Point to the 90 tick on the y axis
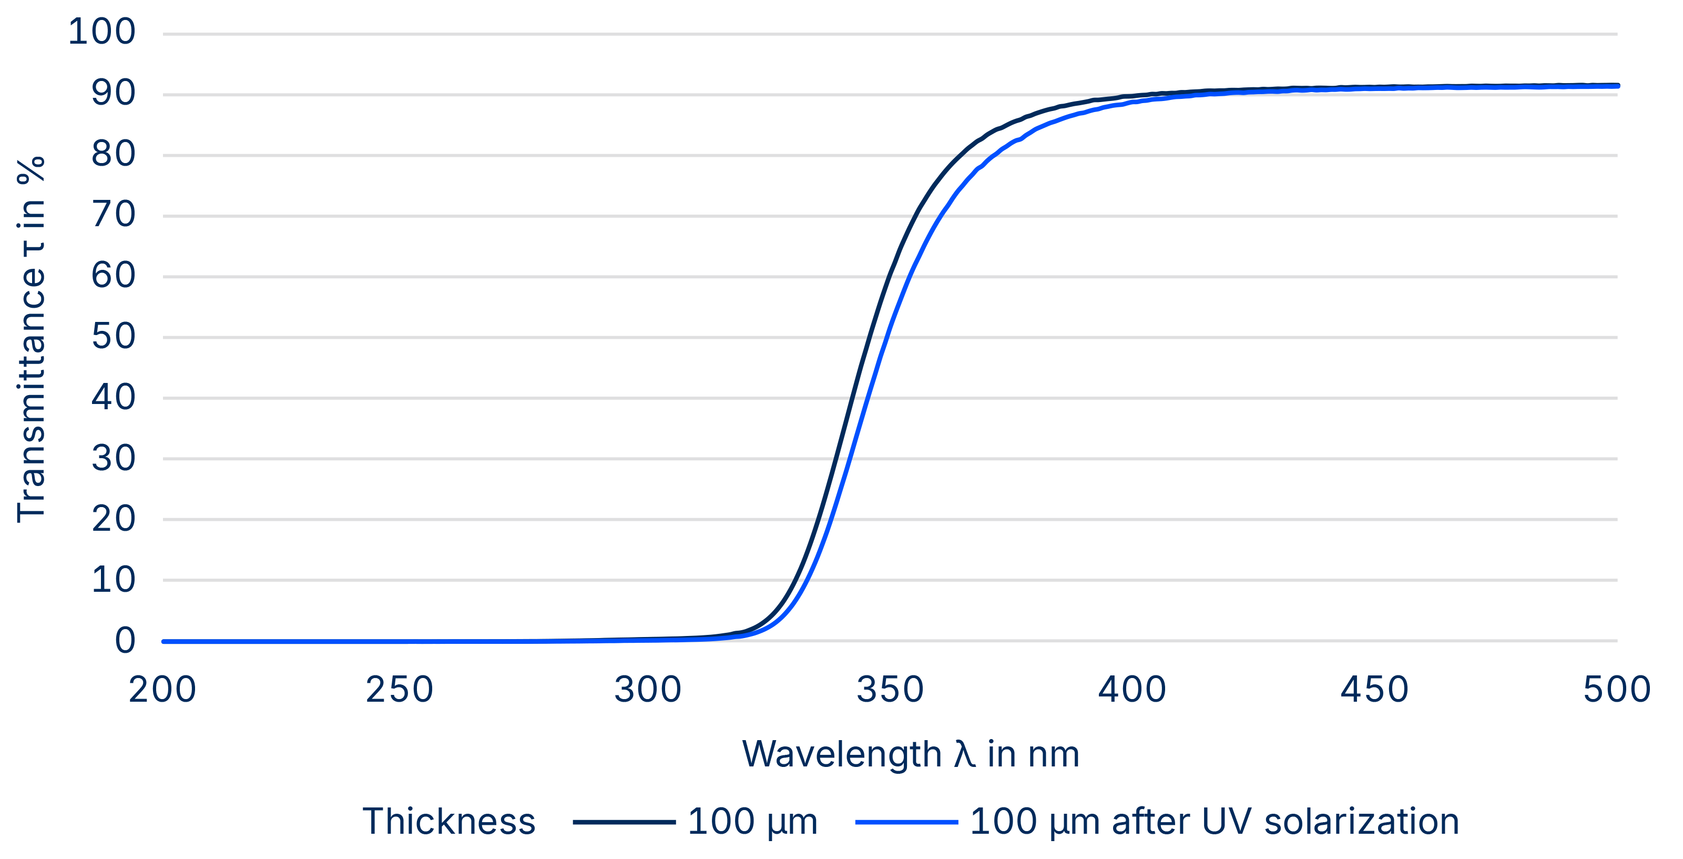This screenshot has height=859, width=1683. click(113, 94)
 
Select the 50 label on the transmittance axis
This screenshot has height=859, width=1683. click(113, 337)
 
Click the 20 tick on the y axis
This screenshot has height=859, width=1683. click(113, 519)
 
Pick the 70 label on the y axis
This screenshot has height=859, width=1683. click(113, 215)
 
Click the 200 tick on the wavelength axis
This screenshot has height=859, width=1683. click(162, 690)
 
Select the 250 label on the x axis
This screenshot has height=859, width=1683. click(399, 690)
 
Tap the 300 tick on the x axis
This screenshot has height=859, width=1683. click(647, 690)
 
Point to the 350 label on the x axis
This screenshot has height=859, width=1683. click(890, 690)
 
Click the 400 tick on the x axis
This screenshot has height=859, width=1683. click(1131, 690)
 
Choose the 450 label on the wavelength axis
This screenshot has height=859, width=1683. click(1374, 690)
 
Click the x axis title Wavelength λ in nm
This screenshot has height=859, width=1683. click(910, 754)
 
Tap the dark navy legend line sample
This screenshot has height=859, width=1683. click(624, 822)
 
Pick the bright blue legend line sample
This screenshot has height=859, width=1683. click(906, 822)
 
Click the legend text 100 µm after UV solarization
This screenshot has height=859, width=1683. click(1214, 821)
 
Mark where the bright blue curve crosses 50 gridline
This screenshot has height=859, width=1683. click(886, 337)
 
